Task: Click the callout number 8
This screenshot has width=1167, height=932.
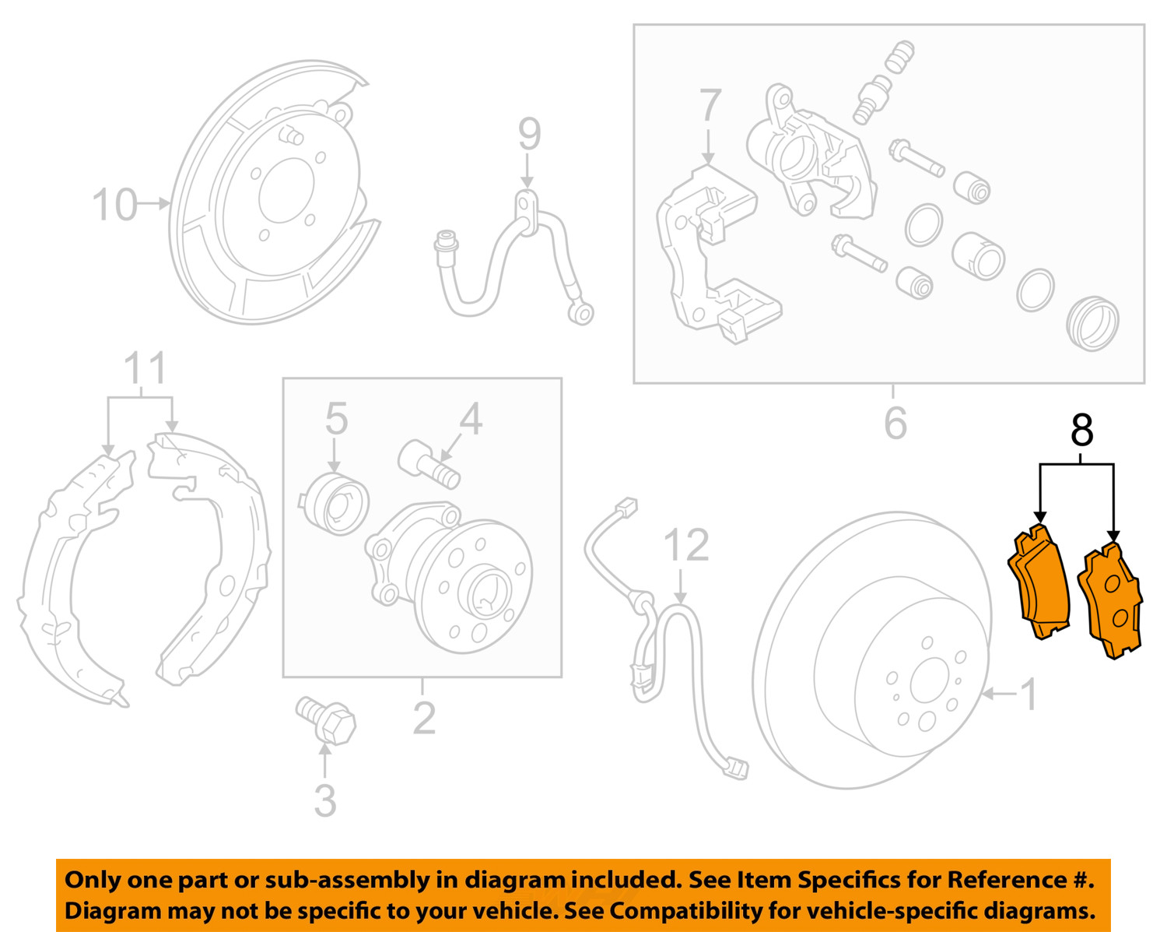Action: (x=1081, y=431)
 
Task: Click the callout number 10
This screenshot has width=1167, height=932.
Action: (x=114, y=205)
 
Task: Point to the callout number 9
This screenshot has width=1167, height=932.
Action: (x=529, y=135)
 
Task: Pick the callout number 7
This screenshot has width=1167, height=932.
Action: (x=710, y=105)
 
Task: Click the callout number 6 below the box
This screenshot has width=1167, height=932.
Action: (x=895, y=423)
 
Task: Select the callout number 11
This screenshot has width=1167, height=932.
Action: (x=145, y=368)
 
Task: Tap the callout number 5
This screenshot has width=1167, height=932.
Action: (x=336, y=420)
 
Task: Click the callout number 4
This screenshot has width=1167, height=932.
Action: (x=470, y=420)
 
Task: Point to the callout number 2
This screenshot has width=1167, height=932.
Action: (x=424, y=718)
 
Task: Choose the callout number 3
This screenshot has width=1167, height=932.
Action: (x=325, y=801)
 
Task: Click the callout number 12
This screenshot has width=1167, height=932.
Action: (x=686, y=546)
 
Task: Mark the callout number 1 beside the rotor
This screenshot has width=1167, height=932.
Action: (x=1028, y=694)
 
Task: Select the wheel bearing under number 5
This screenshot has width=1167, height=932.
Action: (x=335, y=505)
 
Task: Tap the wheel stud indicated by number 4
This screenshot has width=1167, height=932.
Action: (x=428, y=464)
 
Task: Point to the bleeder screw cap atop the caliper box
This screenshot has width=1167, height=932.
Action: (x=901, y=57)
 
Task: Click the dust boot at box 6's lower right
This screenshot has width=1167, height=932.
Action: (x=1092, y=323)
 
